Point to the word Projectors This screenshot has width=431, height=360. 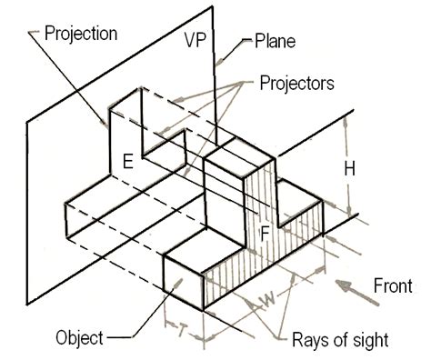(x=296, y=83)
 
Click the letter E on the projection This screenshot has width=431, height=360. (x=127, y=162)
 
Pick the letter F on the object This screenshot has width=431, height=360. (x=266, y=232)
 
